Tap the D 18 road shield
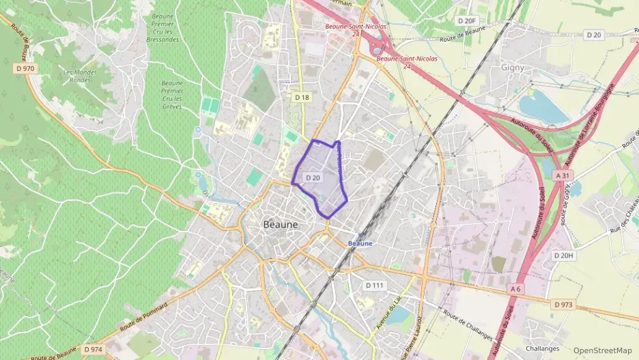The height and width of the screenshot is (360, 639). coord(302,98)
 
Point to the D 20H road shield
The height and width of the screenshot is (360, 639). coord(563,255)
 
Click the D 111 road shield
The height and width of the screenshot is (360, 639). coord(375,285)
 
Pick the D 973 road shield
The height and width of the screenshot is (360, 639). coord(564,304)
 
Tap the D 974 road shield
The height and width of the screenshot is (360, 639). coord(93,349)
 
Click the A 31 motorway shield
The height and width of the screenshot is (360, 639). coord(563,176)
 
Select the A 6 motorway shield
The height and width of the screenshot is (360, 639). coord(515,290)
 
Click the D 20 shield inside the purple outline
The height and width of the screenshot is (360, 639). coord(313,178)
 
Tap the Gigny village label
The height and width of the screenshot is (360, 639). coord(512,69)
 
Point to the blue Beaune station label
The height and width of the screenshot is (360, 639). coord(360,243)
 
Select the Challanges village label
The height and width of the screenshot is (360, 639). coord(543,348)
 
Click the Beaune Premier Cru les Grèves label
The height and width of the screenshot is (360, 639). coord(172,95)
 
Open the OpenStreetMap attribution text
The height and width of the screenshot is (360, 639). coord(602,350)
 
